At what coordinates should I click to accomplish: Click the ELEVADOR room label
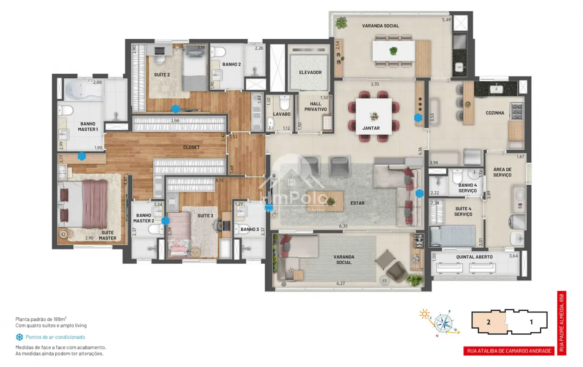click(x=310, y=72)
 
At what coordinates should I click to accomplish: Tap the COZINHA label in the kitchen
click(x=495, y=113)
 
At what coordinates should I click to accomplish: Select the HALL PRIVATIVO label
click(x=316, y=107)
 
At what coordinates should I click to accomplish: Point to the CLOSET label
click(x=191, y=147)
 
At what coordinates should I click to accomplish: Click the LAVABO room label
click(x=282, y=114)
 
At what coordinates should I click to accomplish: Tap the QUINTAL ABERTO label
click(x=474, y=257)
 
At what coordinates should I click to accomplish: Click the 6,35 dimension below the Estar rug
click(x=343, y=226)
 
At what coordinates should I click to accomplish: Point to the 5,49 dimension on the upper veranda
click(x=446, y=20)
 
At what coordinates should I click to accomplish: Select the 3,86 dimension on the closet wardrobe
click(x=175, y=121)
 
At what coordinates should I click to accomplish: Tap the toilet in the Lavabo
click(x=284, y=102)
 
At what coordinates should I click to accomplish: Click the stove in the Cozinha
click(x=517, y=111)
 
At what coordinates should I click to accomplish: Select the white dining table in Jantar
click(x=374, y=116)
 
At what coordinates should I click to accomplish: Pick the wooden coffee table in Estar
click(x=325, y=201)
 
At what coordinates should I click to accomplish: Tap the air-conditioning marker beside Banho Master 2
click(x=165, y=221)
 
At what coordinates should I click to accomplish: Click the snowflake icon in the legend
click(x=19, y=337)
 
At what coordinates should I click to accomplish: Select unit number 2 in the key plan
click(x=488, y=322)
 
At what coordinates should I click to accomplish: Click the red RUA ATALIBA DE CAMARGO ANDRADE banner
click(x=509, y=351)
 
